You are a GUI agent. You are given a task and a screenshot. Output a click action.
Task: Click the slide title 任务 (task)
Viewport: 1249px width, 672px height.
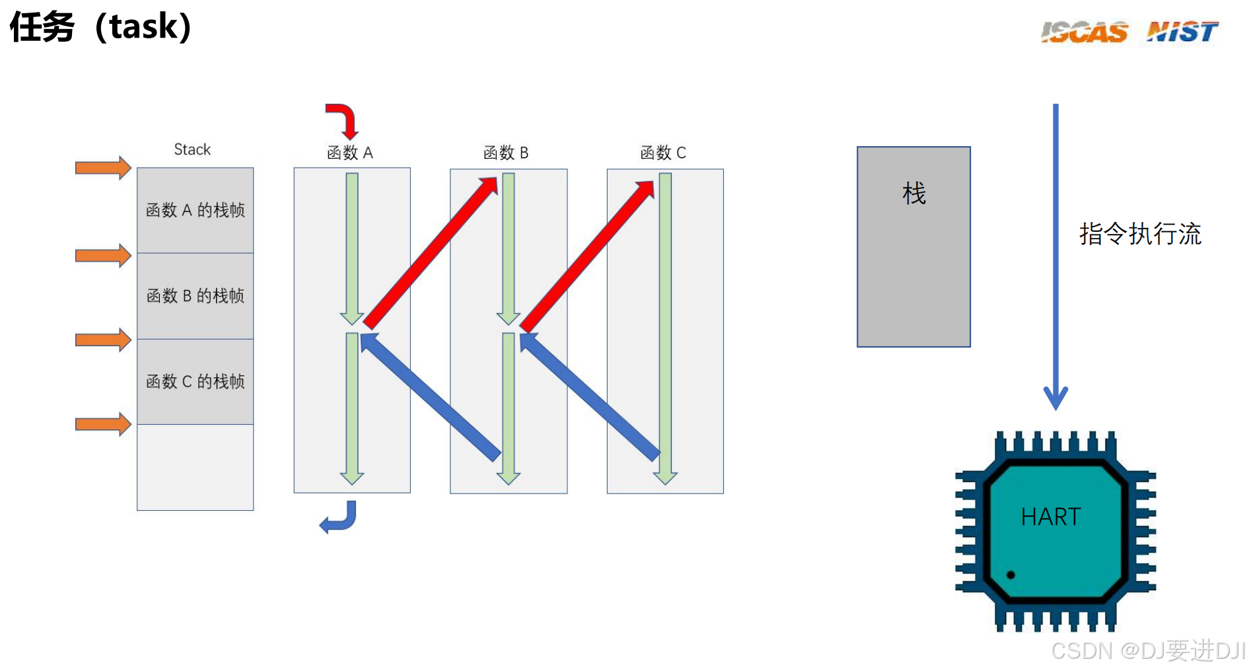tap(100, 28)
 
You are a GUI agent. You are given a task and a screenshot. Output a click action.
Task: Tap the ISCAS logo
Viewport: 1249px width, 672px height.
tap(1084, 32)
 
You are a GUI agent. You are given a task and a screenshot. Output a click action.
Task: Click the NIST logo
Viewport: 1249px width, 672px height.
tap(1182, 31)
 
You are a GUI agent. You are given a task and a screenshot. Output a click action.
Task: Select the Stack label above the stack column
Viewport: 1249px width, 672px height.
tap(192, 149)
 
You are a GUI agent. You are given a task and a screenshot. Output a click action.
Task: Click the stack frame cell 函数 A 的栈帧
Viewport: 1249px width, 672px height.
tap(195, 210)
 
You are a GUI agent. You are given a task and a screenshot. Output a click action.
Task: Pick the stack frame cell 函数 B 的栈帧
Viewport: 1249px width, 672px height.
tap(195, 295)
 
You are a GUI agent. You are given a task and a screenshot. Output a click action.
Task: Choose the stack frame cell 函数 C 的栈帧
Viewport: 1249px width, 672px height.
tap(195, 381)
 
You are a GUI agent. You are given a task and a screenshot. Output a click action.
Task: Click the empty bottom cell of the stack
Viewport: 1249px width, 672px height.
tap(195, 467)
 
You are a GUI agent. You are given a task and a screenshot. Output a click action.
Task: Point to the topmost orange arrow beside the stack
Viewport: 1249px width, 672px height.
tap(103, 168)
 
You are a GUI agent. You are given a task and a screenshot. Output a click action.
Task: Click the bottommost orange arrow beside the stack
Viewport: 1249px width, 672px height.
tap(103, 424)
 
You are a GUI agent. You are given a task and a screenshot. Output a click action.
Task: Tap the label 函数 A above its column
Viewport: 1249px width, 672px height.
tap(350, 153)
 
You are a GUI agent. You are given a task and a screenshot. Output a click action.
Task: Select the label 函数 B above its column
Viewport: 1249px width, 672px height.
tap(506, 153)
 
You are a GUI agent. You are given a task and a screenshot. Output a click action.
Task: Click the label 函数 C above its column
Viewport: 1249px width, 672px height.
tap(663, 153)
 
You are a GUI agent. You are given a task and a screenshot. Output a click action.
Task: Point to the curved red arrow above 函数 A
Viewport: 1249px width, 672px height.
tap(343, 120)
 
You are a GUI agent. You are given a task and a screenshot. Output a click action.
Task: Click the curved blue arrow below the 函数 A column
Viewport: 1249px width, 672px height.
tap(339, 517)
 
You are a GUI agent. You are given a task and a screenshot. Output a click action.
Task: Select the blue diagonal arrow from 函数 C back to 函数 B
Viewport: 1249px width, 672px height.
tap(589, 396)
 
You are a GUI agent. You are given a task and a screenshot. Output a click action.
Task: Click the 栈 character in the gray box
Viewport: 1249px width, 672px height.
tap(913, 194)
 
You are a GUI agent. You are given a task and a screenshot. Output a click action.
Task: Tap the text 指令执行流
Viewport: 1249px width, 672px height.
tap(1140, 234)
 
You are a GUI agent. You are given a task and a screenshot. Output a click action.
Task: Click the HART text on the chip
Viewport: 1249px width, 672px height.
tap(1050, 517)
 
